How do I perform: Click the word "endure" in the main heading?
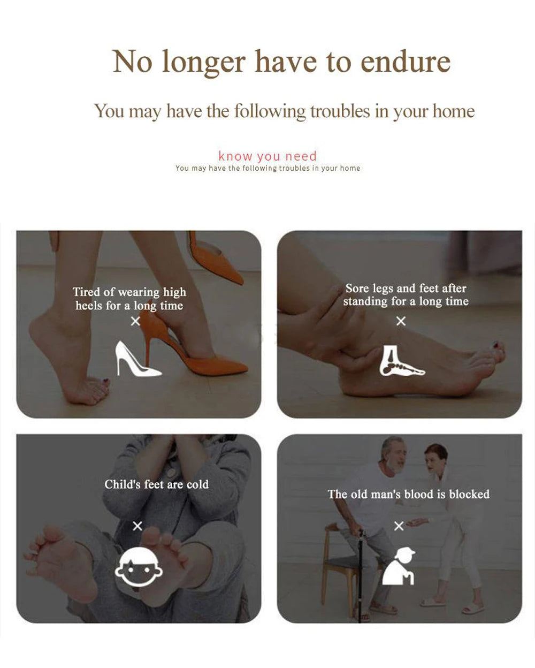405,62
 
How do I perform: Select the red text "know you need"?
267,156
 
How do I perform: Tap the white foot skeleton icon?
401,360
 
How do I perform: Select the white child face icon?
139,568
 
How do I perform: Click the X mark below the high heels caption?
135,321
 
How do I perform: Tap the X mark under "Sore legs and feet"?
401,321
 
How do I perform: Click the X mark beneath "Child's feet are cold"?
137,526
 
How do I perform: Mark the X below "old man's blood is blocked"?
399,526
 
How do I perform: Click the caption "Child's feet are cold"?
156,484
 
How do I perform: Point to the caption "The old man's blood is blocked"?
408,494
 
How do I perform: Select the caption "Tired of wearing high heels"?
129,299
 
